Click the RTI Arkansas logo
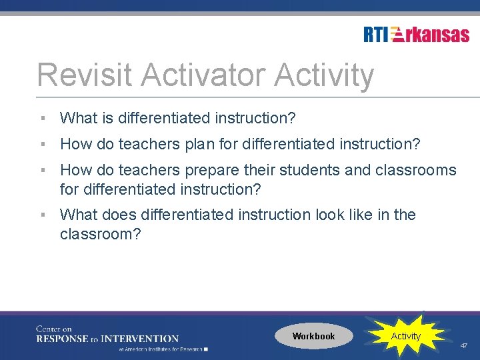click(x=417, y=35)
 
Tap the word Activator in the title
click(x=200, y=75)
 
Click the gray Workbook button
click(x=313, y=336)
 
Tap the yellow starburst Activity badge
click(x=405, y=336)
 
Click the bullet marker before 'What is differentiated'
click(x=42, y=118)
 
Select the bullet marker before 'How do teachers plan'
click(x=42, y=143)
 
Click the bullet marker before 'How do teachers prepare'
click(x=42, y=170)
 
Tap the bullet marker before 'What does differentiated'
click(x=42, y=215)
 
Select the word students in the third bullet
click(x=310, y=170)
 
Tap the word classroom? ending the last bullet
click(x=101, y=234)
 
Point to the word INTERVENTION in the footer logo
click(x=139, y=339)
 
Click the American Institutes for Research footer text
click(x=162, y=349)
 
